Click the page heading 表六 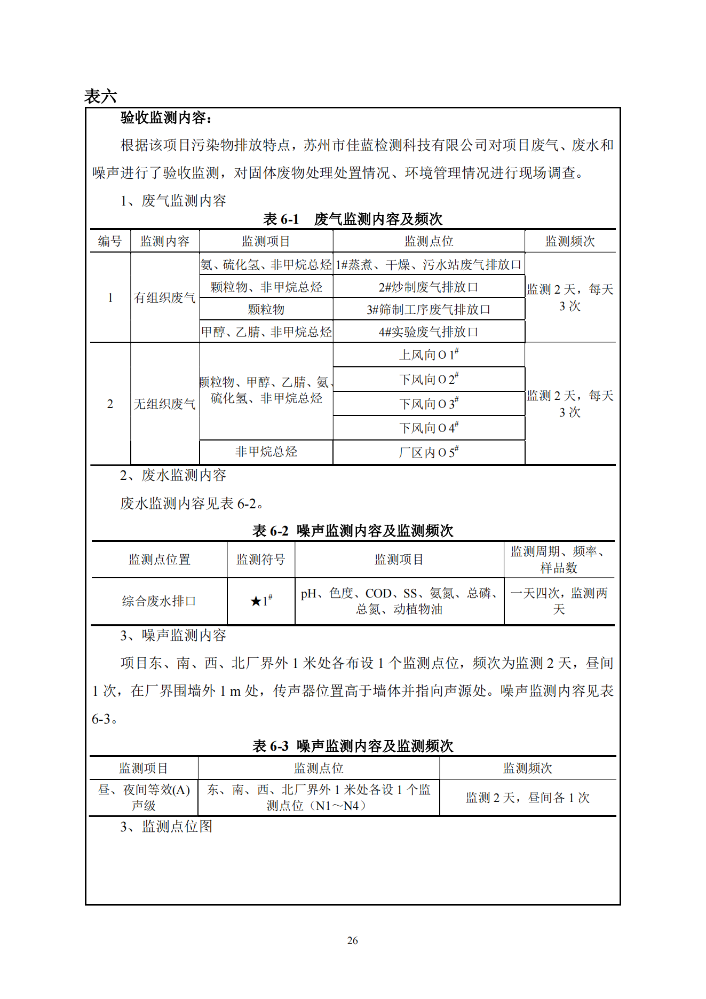click(100, 97)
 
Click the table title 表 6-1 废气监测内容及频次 click(352, 219)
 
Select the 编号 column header click(110, 241)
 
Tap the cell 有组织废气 click(164, 297)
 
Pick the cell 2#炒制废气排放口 click(429, 287)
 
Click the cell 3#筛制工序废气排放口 click(429, 310)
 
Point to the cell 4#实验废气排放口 click(429, 332)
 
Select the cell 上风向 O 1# click(429, 355)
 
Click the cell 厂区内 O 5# click(429, 453)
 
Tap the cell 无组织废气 click(164, 404)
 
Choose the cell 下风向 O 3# click(429, 404)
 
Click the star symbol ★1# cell click(261, 601)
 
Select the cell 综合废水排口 click(159, 601)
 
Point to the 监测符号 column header click(261, 560)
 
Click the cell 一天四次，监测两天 click(559, 601)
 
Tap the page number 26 click(352, 941)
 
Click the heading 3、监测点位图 click(166, 827)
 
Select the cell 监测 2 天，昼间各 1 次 click(527, 798)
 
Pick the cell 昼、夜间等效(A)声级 click(144, 798)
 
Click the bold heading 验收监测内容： click(166, 118)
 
